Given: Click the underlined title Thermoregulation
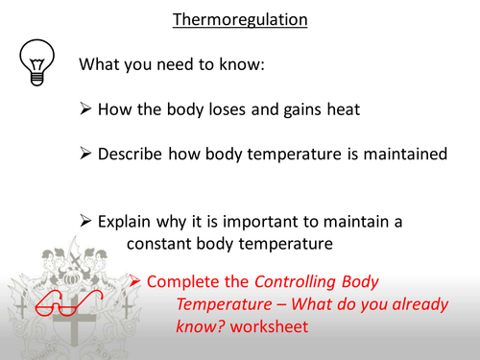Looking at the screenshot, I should (x=240, y=19).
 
